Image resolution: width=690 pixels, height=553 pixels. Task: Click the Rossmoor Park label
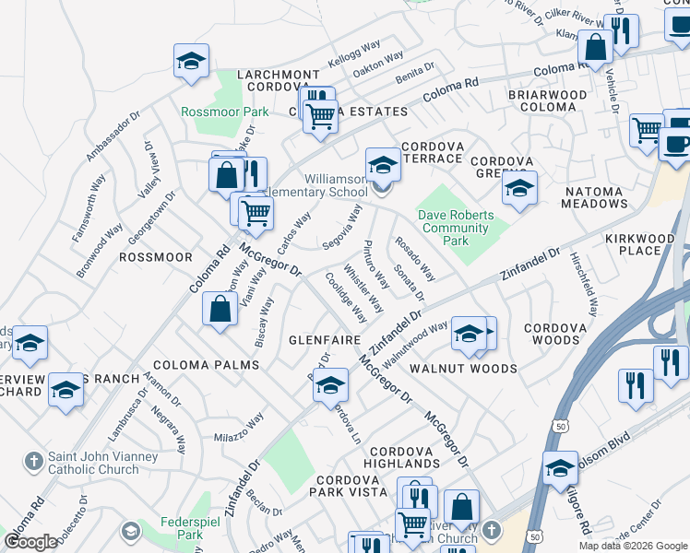[225, 112]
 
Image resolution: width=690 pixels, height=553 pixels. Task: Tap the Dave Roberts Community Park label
[454, 228]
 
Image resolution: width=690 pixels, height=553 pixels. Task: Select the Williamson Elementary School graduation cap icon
[383, 166]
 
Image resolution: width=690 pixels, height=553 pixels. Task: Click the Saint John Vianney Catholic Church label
[94, 463]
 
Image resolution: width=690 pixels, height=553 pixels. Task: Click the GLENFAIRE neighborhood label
[324, 339]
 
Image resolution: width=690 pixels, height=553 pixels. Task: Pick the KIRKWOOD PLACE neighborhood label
[646, 244]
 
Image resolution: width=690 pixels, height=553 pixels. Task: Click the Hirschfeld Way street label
[583, 284]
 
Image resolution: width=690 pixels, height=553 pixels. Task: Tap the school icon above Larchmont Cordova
[192, 62]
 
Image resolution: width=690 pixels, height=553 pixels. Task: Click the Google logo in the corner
[31, 542]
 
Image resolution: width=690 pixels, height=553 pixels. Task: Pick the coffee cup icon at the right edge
[678, 145]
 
